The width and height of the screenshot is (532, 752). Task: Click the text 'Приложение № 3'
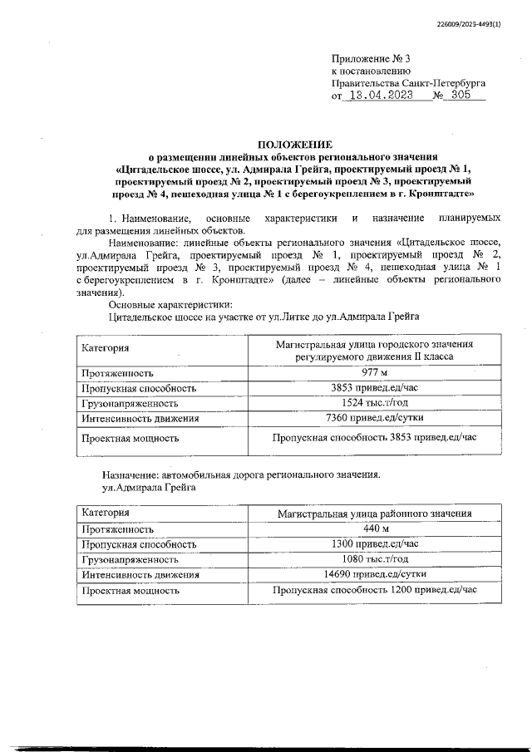pos(371,59)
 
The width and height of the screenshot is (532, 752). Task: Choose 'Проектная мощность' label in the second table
pos(131,591)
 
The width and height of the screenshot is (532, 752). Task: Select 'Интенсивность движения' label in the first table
pos(140,418)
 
